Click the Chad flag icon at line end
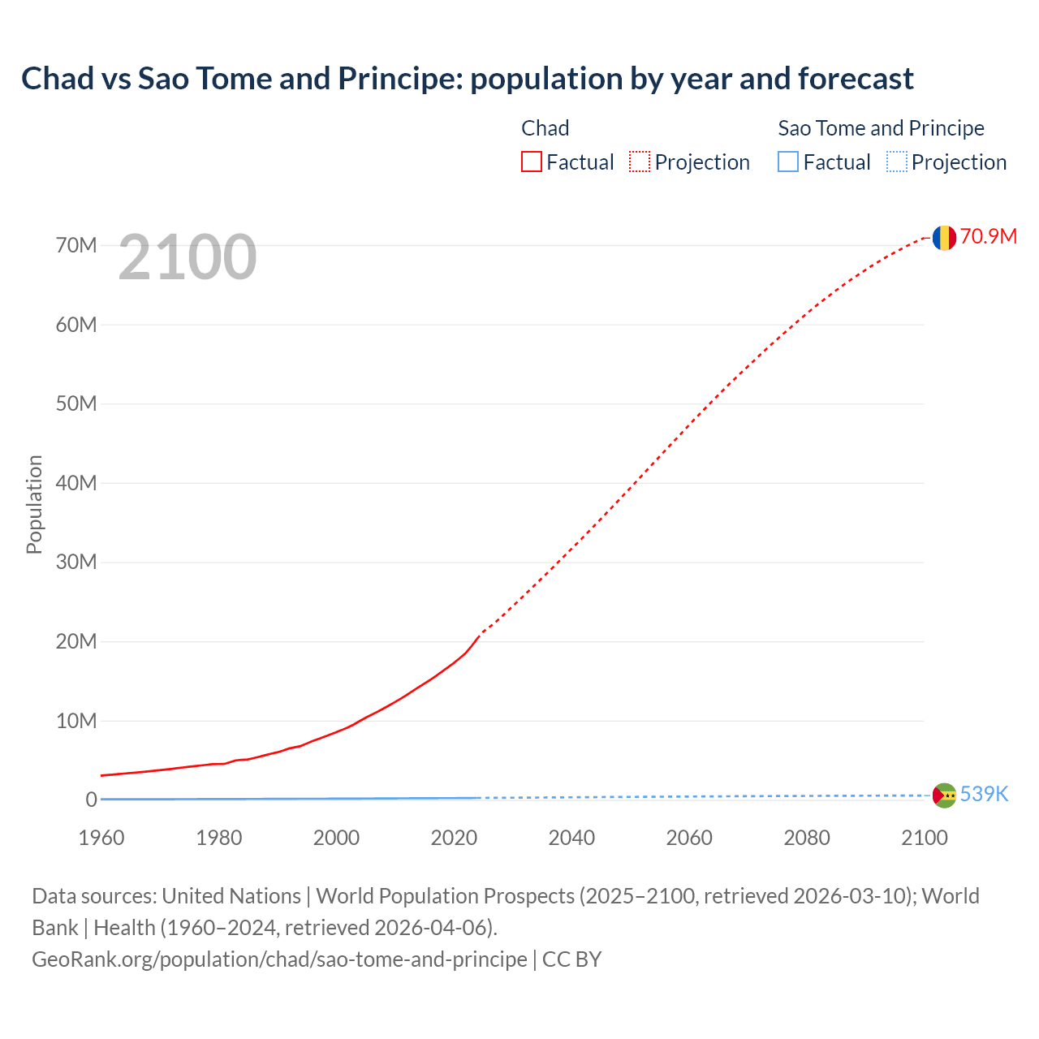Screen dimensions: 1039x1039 943,237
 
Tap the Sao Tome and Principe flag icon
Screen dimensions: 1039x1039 944,795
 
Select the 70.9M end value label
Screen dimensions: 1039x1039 988,236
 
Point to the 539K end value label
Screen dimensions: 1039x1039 984,794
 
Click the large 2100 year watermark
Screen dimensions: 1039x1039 188,257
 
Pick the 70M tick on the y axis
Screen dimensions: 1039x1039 76,245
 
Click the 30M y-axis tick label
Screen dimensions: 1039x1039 76,562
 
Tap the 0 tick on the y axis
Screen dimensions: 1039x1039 91,800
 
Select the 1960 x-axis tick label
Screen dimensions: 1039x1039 101,838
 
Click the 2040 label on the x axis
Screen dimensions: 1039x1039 571,838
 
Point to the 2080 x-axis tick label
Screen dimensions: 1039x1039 807,838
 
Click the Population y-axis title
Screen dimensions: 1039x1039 34,504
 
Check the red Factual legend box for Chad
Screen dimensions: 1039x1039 531,162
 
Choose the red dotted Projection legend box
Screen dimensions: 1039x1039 640,162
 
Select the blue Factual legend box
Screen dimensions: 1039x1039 788,162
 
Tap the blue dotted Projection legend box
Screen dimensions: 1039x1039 897,162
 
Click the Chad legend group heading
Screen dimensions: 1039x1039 545,128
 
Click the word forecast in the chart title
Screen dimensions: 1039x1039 856,79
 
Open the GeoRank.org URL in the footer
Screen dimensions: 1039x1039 279,959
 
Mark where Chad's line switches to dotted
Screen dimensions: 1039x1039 481,633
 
